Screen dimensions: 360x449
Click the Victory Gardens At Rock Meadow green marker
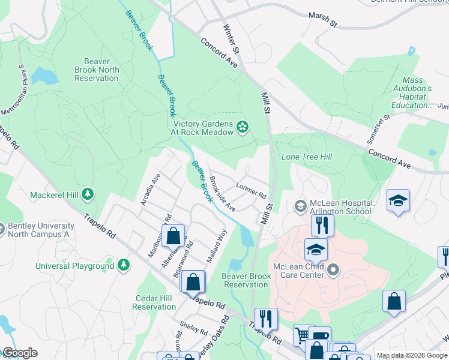(243, 126)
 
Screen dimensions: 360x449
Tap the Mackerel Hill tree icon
(88, 194)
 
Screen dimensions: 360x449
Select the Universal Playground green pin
(124, 265)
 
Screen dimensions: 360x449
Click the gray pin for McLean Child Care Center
(334, 271)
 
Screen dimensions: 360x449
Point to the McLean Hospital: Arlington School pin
(300, 206)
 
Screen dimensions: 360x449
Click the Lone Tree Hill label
(307, 157)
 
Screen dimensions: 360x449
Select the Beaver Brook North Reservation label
(97, 70)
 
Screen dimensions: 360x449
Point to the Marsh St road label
(323, 19)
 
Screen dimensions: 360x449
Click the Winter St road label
(231, 37)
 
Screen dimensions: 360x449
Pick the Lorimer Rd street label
(251, 190)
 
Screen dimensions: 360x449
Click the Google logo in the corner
(19, 353)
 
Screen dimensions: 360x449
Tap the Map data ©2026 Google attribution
(412, 355)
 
